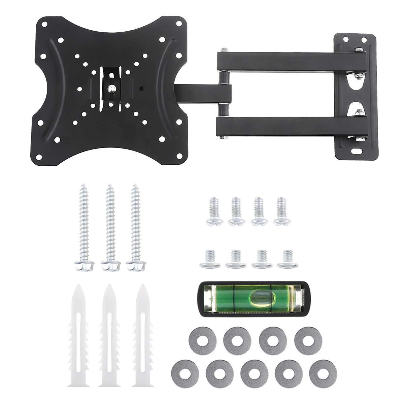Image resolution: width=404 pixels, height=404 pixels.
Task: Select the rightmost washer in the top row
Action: (308, 340)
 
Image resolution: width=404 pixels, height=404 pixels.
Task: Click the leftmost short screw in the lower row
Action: (210, 259)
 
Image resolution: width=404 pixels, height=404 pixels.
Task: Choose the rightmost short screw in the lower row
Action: (288, 259)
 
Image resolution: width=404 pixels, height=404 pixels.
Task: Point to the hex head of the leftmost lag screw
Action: (83, 265)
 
